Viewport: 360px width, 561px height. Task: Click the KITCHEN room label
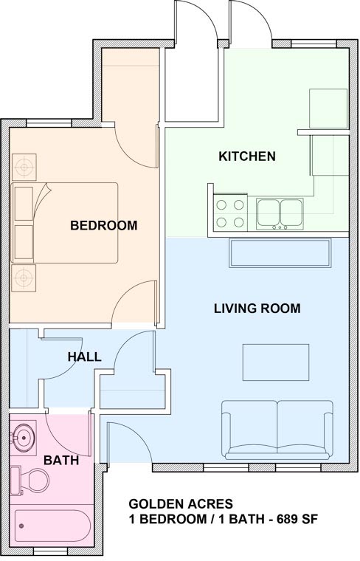pyautogui.click(x=247, y=156)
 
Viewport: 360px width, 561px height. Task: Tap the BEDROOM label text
pyautogui.click(x=104, y=225)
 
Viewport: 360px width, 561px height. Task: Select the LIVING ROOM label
pyautogui.click(x=257, y=309)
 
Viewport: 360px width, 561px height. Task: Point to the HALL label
pyautogui.click(x=84, y=357)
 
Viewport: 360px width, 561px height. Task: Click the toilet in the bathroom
pyautogui.click(x=30, y=480)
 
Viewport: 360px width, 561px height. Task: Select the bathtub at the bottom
pyautogui.click(x=52, y=525)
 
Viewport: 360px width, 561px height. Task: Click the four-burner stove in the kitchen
pyautogui.click(x=230, y=213)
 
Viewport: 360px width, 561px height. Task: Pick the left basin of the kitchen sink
pyautogui.click(x=268, y=212)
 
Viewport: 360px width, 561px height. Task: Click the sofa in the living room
pyautogui.click(x=277, y=430)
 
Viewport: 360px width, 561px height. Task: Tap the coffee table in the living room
pyautogui.click(x=276, y=362)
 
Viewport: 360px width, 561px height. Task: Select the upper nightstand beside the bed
pyautogui.click(x=24, y=167)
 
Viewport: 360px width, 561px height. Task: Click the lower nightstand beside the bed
pyautogui.click(x=24, y=278)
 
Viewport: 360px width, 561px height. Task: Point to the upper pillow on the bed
pyautogui.click(x=24, y=203)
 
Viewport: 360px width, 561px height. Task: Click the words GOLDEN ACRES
pyautogui.click(x=181, y=503)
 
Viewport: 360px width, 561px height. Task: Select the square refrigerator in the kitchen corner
pyautogui.click(x=328, y=109)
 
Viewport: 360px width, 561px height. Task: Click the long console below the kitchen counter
pyautogui.click(x=280, y=253)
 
